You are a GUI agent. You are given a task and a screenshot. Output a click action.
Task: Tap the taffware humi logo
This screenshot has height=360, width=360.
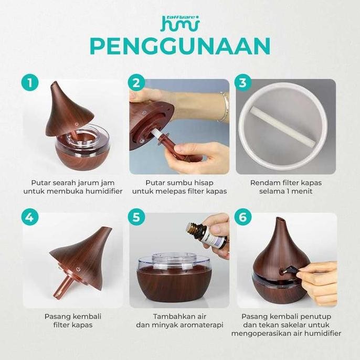pos(179,23)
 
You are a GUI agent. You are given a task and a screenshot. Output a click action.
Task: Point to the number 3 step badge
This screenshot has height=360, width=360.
pos(243,82)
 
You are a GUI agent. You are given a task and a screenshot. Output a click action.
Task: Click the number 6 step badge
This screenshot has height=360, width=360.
pos(243,217)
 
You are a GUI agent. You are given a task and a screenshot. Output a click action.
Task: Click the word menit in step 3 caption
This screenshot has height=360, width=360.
pos(302,192)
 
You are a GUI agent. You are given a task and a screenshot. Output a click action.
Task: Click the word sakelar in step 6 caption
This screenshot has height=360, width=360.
pos(298,325)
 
